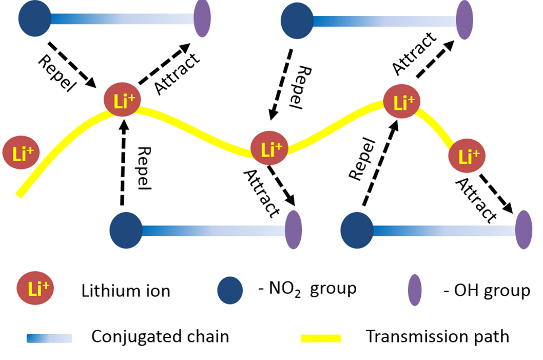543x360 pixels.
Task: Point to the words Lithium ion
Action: [x=125, y=291]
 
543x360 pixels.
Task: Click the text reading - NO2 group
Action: [x=306, y=289]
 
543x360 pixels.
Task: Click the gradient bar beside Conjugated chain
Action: [x=49, y=338]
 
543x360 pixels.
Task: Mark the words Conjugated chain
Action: [x=160, y=337]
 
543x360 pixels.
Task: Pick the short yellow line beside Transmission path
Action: [x=320, y=337]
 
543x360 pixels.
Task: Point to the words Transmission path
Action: [x=437, y=337]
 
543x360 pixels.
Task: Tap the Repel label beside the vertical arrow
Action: [x=144, y=168]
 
